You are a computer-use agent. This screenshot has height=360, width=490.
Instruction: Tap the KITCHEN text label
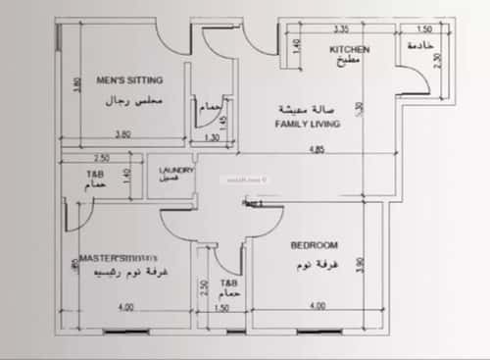[x=348, y=48]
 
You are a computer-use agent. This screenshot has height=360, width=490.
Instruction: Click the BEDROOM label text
[x=315, y=245]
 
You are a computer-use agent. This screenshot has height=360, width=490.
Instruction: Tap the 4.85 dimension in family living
[x=317, y=149]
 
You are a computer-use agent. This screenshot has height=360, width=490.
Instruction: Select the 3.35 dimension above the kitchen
[x=341, y=29]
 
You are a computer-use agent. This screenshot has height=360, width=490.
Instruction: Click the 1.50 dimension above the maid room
[x=424, y=29]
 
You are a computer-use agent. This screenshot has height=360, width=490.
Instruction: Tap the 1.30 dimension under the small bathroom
[x=212, y=138]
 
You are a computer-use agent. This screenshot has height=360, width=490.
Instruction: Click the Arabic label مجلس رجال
[x=130, y=101]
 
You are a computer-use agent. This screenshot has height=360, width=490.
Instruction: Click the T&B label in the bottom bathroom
[x=228, y=282]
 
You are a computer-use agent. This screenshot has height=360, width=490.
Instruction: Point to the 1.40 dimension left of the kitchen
[x=298, y=46]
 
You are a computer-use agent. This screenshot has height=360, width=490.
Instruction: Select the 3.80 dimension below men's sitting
[x=122, y=134]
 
